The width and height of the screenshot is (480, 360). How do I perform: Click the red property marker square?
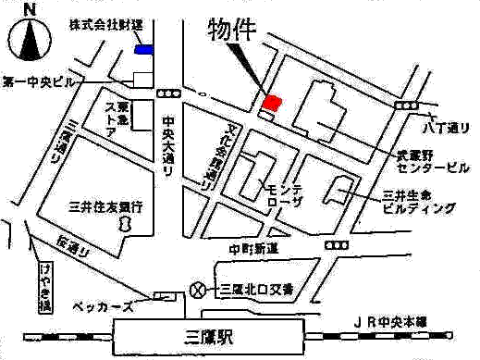[x=272, y=102]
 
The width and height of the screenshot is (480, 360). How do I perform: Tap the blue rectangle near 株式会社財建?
[x=144, y=49]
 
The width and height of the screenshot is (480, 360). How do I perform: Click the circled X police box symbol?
[x=195, y=290]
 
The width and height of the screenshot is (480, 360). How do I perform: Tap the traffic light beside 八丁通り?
[x=405, y=107]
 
